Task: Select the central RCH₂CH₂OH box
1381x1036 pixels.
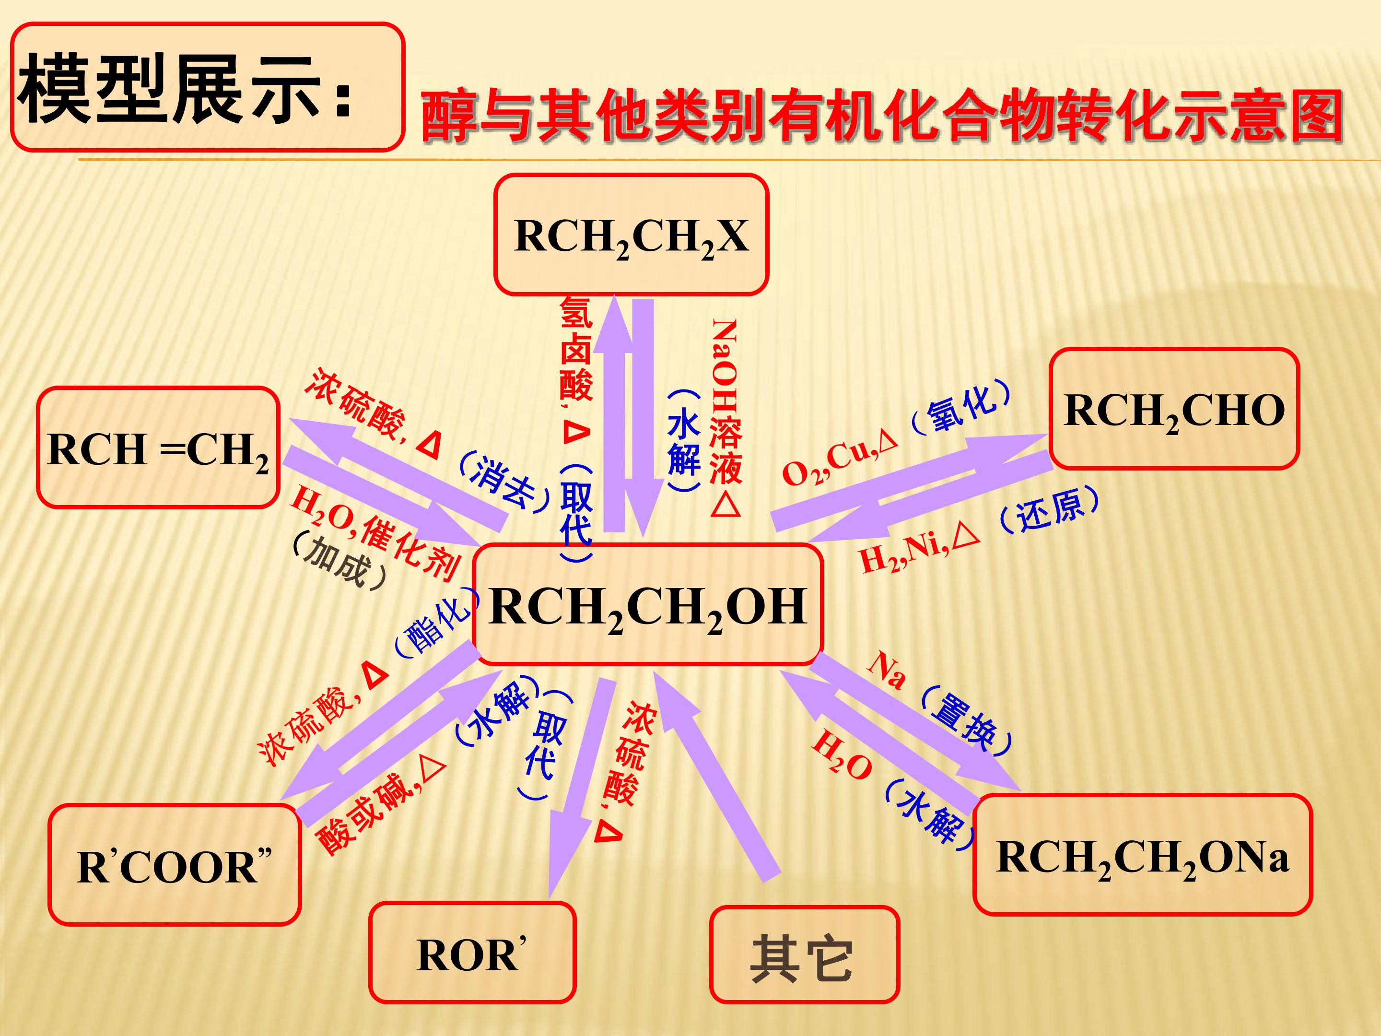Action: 648,604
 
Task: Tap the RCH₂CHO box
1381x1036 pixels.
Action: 1174,409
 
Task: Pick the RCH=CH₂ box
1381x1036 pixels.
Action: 158,447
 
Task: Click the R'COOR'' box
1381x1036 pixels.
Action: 175,865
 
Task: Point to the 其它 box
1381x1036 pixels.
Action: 805,955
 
